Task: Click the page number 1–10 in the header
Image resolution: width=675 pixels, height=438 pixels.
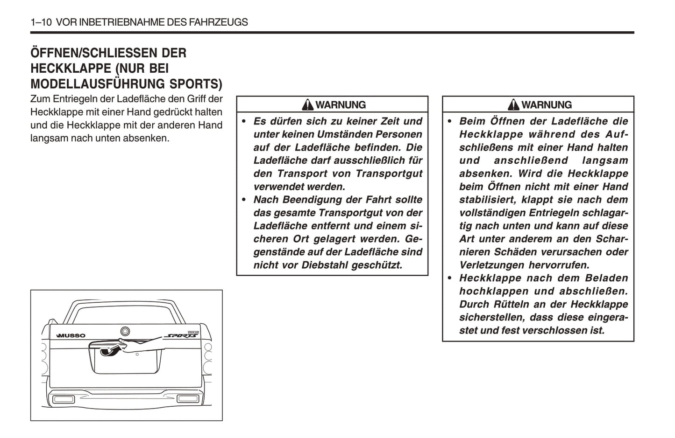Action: [x=41, y=22]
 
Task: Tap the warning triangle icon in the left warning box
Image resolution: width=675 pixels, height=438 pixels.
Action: [x=307, y=105]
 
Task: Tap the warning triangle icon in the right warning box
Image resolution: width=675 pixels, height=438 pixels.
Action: [x=513, y=105]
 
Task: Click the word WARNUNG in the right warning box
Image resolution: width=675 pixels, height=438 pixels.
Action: [x=546, y=105]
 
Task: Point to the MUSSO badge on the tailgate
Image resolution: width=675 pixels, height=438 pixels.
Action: [x=71, y=335]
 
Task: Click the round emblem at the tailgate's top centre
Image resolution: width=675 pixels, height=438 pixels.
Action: [x=125, y=331]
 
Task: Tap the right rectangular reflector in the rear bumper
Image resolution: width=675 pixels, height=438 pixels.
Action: [x=187, y=398]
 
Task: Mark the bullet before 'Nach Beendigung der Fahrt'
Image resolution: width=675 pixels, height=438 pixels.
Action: [x=244, y=200]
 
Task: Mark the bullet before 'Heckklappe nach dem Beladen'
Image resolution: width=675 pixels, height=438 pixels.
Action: [x=449, y=278]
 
